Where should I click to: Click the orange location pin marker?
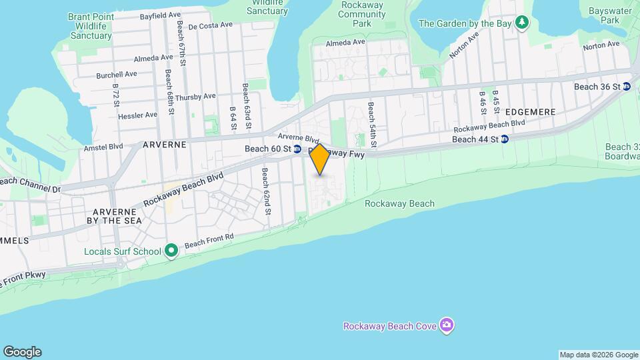click(320, 159)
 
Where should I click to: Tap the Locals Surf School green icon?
click(171, 251)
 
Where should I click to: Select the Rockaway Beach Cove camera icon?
click(447, 325)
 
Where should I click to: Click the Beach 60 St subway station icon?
click(297, 149)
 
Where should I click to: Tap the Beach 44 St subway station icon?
click(505, 139)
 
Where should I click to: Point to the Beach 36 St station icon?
click(626, 87)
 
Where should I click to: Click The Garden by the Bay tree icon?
click(523, 23)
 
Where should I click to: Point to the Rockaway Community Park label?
click(361, 13)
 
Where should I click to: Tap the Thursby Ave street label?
click(195, 96)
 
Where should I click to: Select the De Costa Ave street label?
click(210, 26)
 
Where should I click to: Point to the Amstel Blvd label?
click(103, 147)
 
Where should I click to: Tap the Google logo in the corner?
click(22, 352)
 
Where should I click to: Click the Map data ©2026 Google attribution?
click(599, 355)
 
